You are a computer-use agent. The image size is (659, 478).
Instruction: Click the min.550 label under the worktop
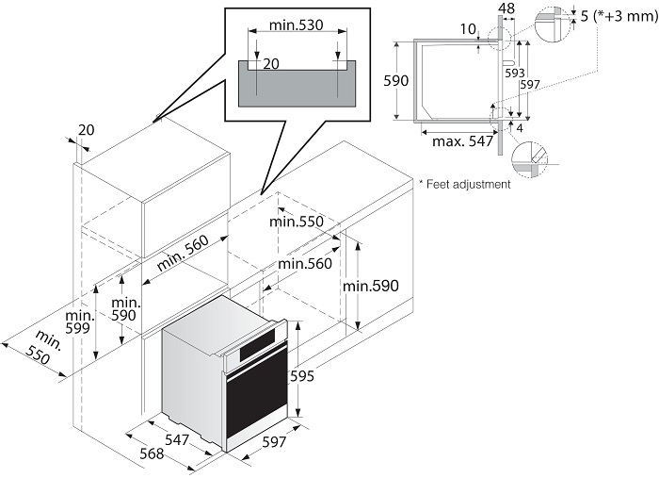click(x=296, y=222)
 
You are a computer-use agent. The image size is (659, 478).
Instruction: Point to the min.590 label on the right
click(x=371, y=286)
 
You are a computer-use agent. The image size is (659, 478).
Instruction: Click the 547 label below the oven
click(x=178, y=439)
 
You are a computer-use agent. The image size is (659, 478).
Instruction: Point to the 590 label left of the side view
click(x=397, y=81)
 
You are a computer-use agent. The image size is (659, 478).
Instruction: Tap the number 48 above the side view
click(x=506, y=8)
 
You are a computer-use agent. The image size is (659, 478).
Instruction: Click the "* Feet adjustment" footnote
click(x=464, y=184)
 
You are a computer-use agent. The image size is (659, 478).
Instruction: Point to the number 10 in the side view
click(x=468, y=29)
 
